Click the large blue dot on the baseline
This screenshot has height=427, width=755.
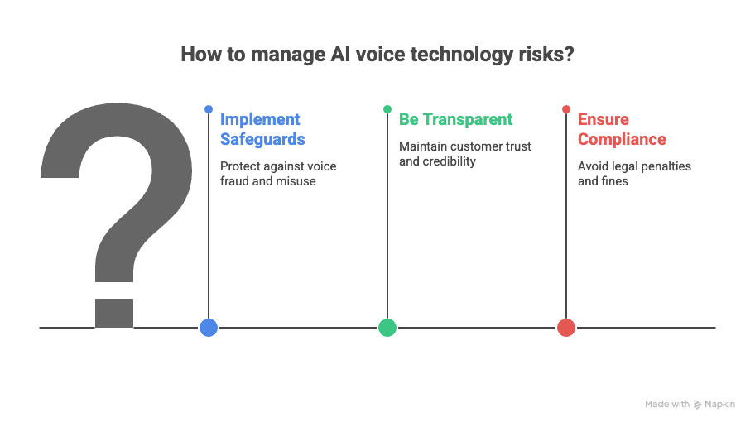coord(209,328)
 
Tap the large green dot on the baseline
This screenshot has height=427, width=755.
coord(387,328)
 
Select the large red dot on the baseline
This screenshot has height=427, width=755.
coord(566,328)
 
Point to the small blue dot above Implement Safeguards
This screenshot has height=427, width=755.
coord(209,109)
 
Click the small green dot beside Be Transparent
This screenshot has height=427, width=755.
coord(387,109)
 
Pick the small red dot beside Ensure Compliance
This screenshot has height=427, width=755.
coord(566,109)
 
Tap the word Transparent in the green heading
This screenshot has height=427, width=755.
coord(468,119)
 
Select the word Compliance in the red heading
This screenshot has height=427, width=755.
coord(622,139)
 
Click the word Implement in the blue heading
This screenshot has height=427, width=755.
coord(260,119)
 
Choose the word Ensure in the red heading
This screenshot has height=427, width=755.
coord(604,119)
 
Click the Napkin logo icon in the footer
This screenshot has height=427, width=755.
coord(697,405)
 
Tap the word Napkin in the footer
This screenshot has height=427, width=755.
coord(719,405)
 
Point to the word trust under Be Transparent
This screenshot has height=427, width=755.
coord(517,146)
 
